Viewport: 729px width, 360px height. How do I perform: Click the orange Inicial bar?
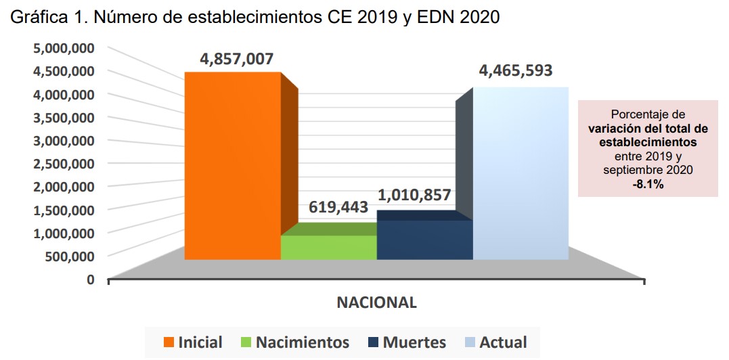(233, 166)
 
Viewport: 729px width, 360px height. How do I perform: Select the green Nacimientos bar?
(328, 247)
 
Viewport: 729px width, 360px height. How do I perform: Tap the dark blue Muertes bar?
(424, 240)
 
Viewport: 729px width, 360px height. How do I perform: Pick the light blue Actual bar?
(520, 173)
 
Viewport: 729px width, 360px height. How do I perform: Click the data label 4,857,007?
(236, 59)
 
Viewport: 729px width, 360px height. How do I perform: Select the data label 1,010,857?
(414, 196)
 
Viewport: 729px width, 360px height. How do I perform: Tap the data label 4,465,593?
(516, 70)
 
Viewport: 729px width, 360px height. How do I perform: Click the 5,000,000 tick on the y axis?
(62, 48)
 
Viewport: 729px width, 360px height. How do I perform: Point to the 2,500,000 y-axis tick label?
(62, 164)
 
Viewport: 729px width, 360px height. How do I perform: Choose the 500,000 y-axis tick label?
(68, 256)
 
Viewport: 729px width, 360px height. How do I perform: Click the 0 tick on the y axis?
(89, 279)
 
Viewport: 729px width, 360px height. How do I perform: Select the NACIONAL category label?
(376, 302)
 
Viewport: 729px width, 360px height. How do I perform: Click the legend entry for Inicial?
(192, 342)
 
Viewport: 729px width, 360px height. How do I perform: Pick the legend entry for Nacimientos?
(294, 342)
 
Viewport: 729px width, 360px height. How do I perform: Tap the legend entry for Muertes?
(406, 342)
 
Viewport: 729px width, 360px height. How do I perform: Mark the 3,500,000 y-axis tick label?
(62, 118)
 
